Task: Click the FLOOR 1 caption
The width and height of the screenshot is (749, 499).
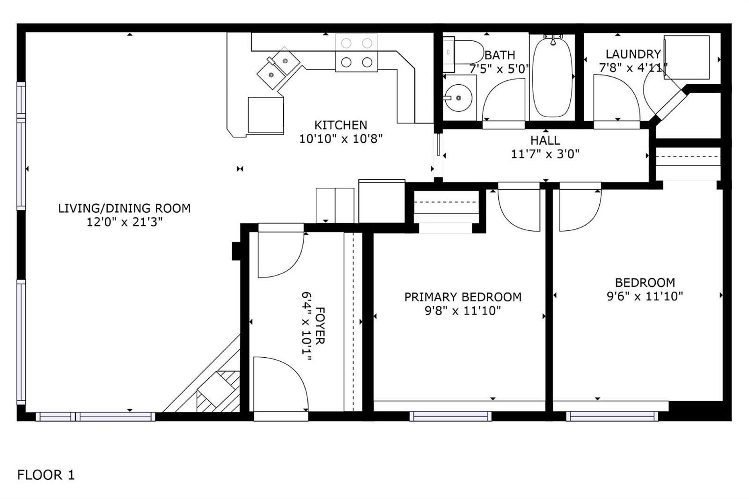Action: click(46, 475)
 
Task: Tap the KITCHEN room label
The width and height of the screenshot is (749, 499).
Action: click(341, 125)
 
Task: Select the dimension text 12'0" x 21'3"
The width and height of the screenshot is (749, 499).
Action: click(125, 222)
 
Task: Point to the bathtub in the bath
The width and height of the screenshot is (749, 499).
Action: click(553, 78)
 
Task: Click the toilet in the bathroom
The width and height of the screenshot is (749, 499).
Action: click(463, 52)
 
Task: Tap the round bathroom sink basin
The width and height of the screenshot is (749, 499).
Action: click(458, 98)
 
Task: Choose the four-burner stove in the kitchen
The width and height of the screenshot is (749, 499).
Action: click(356, 52)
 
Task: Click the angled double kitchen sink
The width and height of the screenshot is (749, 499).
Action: click(279, 68)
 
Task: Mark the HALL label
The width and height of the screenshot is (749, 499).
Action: click(545, 140)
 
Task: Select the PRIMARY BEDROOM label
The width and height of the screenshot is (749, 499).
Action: click(463, 297)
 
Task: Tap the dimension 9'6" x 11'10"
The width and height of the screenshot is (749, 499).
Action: click(645, 296)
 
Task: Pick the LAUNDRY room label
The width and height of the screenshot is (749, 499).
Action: click(633, 54)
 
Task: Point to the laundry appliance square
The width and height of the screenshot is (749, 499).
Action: click(687, 58)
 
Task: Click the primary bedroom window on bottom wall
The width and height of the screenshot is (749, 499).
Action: click(450, 417)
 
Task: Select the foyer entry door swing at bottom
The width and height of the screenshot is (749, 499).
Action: click(281, 384)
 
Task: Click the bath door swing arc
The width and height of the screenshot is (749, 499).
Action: click(504, 100)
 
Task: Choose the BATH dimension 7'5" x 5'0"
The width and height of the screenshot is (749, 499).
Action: click(499, 69)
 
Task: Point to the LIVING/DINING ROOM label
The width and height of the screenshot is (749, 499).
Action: click(125, 208)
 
